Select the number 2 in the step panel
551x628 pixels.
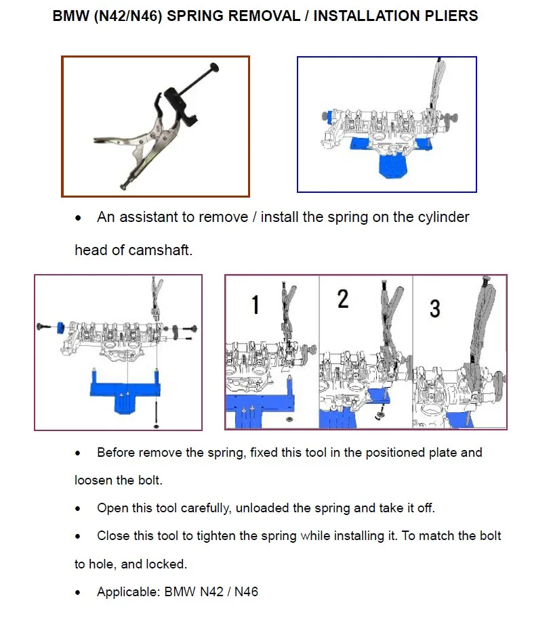point(343,298)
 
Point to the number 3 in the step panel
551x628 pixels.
point(434,309)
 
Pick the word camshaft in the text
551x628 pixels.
point(161,250)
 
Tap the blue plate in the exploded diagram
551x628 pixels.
point(125,391)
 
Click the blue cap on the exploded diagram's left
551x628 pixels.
point(60,327)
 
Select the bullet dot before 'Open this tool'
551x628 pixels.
point(79,509)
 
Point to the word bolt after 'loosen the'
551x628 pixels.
point(150,480)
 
